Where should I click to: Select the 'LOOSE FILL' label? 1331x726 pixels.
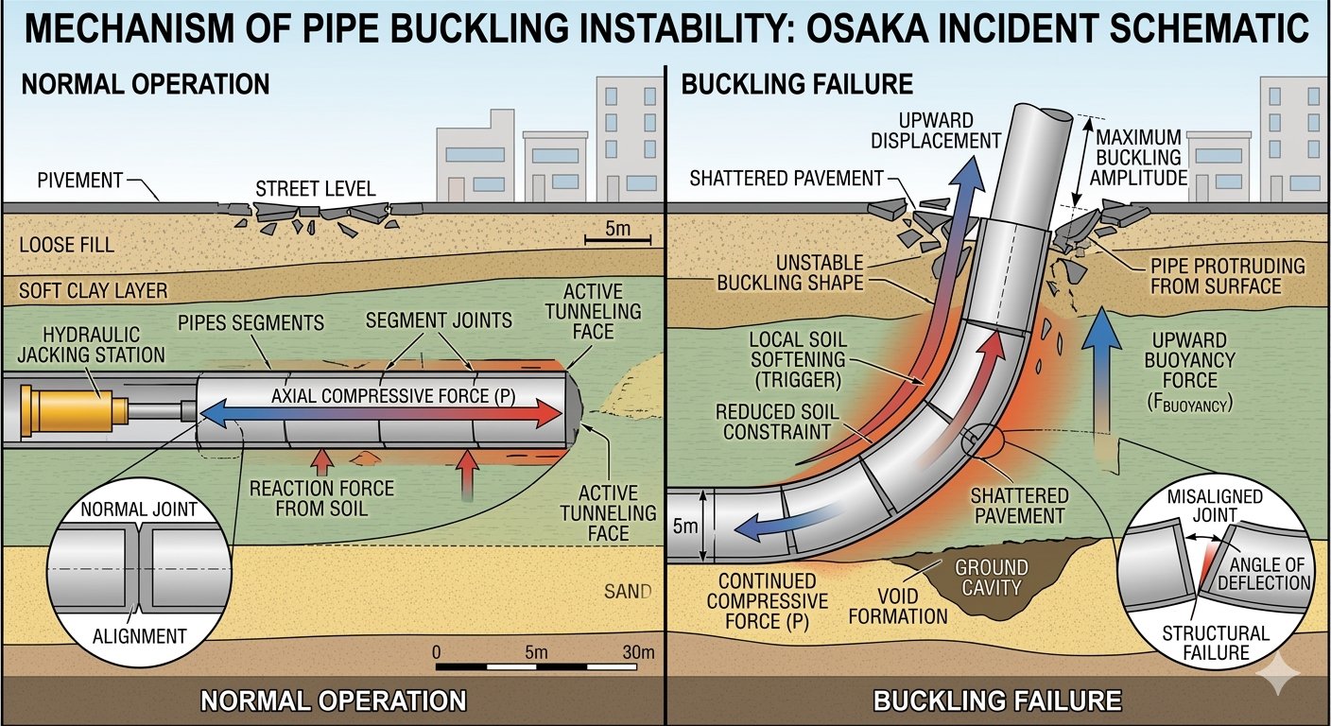coord(66,245)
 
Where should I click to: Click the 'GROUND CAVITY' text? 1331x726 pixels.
coord(991,578)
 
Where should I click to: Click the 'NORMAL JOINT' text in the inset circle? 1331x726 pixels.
coord(139,510)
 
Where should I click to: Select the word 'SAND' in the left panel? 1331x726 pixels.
coord(628,593)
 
